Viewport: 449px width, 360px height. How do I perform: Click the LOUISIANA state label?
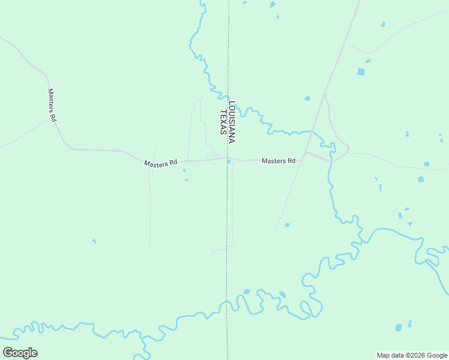tap(232, 121)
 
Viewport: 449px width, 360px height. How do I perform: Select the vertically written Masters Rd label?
tap(52, 106)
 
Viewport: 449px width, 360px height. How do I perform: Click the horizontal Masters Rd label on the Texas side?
tap(161, 163)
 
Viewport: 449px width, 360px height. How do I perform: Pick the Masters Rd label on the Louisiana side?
tap(279, 161)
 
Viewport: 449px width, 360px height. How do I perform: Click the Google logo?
tap(20, 353)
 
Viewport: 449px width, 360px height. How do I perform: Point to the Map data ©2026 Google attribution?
tap(412, 355)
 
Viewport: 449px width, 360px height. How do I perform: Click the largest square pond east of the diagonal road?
tap(361, 71)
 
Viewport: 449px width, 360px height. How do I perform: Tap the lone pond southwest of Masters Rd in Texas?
tap(94, 241)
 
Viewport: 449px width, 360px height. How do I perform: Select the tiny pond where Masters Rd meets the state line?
tap(229, 161)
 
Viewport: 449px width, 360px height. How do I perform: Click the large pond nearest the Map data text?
tap(399, 328)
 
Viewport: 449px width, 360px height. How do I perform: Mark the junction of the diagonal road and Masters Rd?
tap(305, 153)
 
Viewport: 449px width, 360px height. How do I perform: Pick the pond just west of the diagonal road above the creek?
tap(307, 98)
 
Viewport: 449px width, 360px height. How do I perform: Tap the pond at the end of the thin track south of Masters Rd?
tap(288, 224)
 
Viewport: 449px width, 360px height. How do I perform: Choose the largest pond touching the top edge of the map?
tap(273, 5)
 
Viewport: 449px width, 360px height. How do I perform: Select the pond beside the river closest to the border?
tap(246, 292)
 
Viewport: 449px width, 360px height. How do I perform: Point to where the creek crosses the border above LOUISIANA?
tap(228, 89)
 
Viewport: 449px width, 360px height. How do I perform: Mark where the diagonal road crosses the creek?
tap(313, 131)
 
